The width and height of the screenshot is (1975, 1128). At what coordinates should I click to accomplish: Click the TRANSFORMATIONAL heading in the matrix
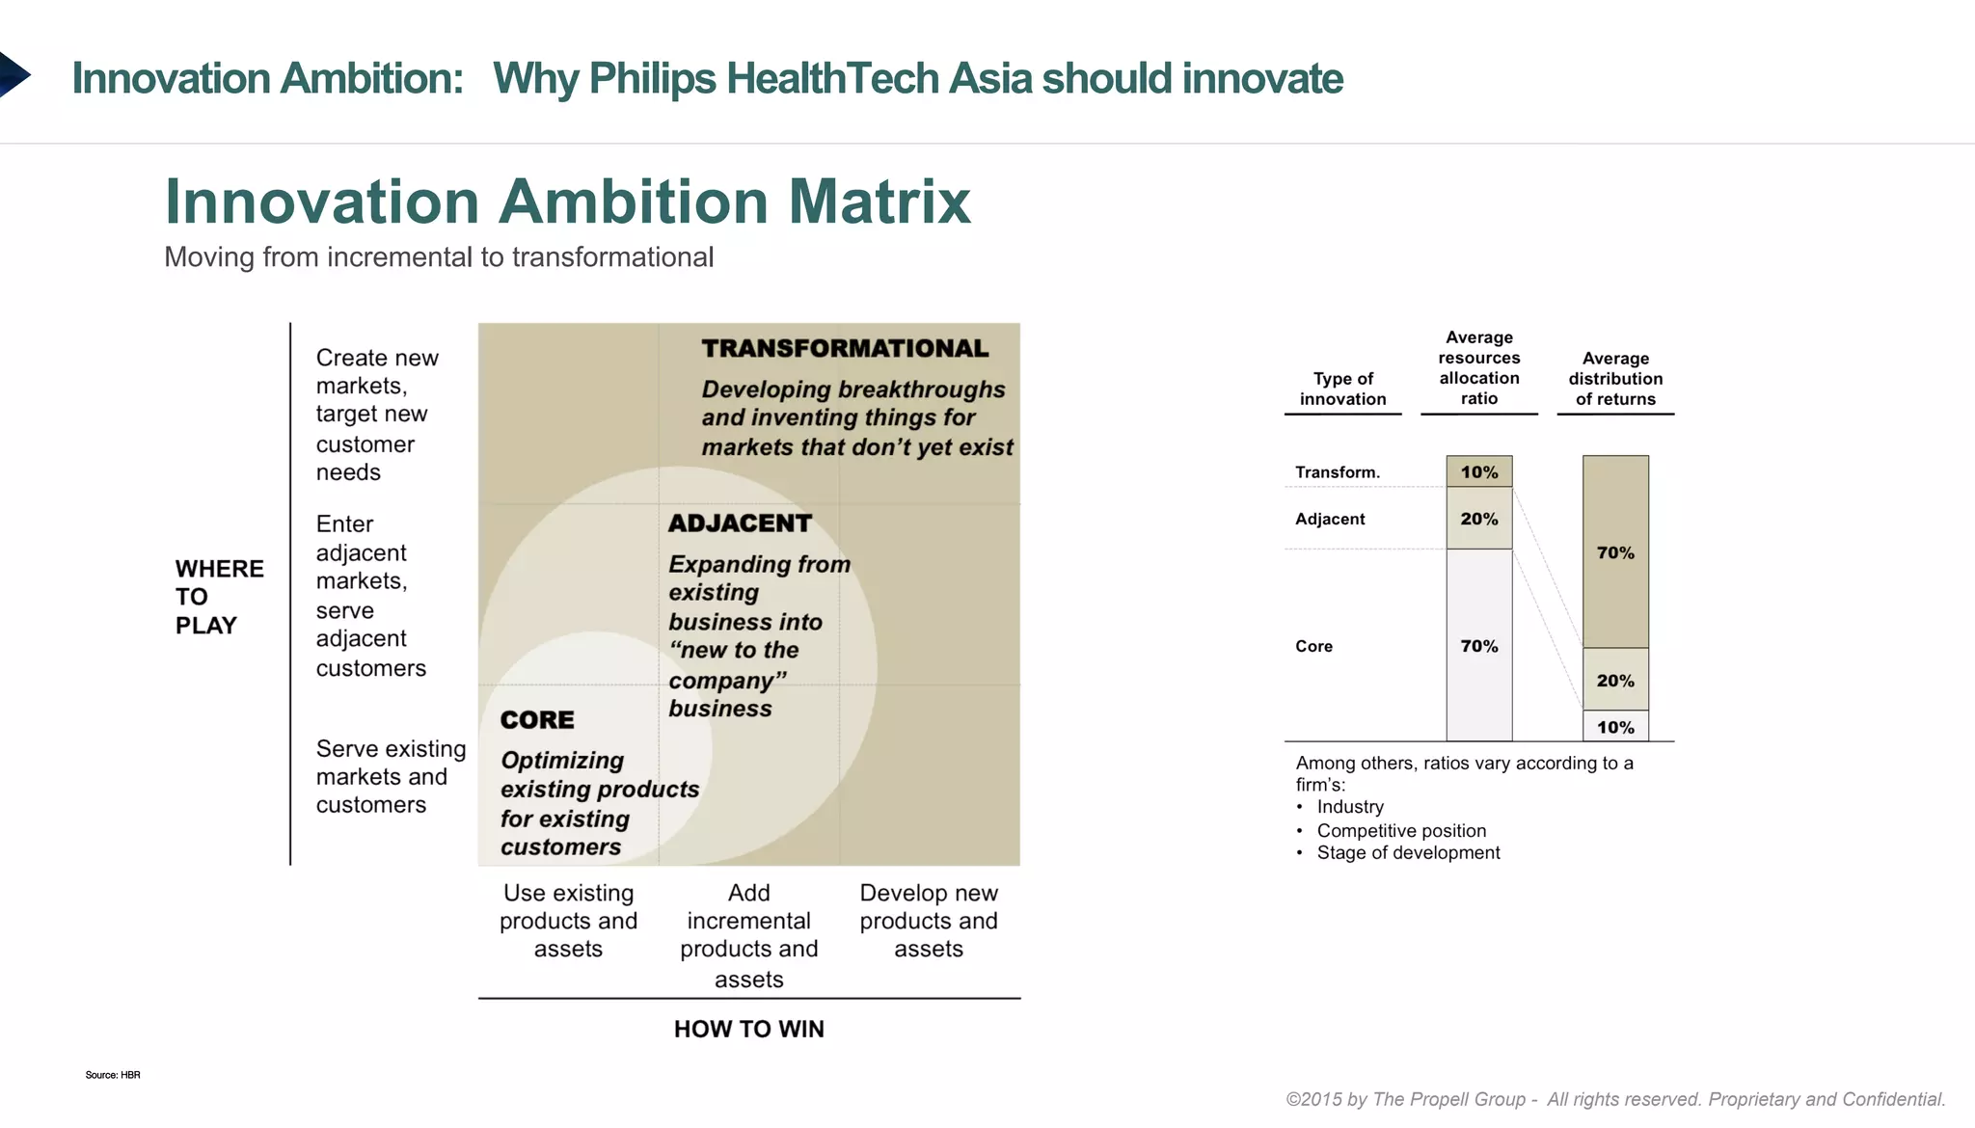click(x=845, y=348)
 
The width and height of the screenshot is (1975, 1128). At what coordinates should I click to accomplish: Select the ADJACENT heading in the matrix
click(x=740, y=524)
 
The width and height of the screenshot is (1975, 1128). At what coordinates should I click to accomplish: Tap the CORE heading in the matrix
click(x=537, y=720)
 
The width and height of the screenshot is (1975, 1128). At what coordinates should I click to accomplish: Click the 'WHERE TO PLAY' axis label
click(x=219, y=597)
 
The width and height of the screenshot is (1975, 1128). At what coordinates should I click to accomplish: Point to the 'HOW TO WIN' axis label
click(x=748, y=1029)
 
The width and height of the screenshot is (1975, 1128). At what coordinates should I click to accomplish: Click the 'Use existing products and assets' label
click(x=568, y=921)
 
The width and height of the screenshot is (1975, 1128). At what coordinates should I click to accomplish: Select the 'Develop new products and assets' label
click(x=929, y=921)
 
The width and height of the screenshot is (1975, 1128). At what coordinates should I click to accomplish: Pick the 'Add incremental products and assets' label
click(x=748, y=935)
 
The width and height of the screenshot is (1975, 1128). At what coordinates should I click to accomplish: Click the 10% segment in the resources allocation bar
click(x=1478, y=471)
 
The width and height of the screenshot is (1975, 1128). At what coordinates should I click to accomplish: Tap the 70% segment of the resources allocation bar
click(x=1478, y=646)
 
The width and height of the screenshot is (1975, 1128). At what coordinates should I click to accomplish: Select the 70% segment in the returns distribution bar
click(x=1615, y=552)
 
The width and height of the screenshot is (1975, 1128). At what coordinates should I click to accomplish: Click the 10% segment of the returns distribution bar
click(x=1615, y=727)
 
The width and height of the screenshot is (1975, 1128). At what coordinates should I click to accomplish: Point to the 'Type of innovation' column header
click(x=1342, y=389)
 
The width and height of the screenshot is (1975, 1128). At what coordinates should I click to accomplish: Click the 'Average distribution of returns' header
click(x=1615, y=378)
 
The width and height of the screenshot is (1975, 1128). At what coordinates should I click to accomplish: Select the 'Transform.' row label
click(x=1337, y=471)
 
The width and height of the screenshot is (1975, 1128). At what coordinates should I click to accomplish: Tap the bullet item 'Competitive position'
click(x=1400, y=830)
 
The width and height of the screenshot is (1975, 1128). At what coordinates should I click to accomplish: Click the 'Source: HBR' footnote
click(x=112, y=1075)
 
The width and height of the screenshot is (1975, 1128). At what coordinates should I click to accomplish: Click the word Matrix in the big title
click(x=879, y=202)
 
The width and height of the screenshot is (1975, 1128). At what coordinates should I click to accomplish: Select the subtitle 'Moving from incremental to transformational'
click(x=439, y=257)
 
